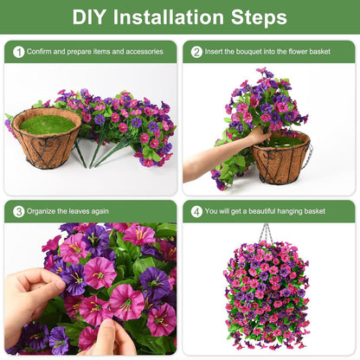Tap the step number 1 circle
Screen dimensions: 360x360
pos(18,52)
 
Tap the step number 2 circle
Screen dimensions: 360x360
pos(196,52)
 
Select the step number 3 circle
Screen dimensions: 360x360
pos(18,211)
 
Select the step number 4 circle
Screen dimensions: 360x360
pos(196,211)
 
